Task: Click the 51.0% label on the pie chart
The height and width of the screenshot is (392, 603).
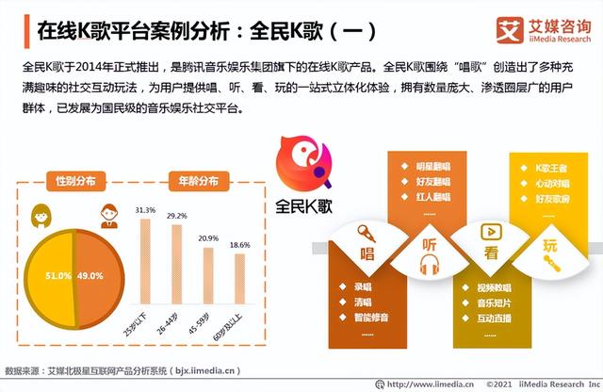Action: coord(58,277)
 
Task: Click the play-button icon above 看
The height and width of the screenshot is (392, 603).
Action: coord(489,231)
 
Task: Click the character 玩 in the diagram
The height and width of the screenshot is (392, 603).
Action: coord(550,246)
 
